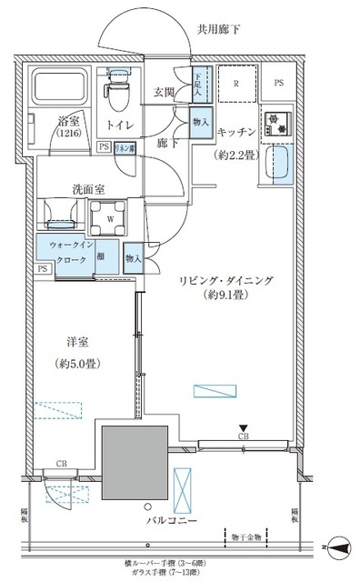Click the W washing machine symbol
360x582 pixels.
point(110,217)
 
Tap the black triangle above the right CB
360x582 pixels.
point(242,428)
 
